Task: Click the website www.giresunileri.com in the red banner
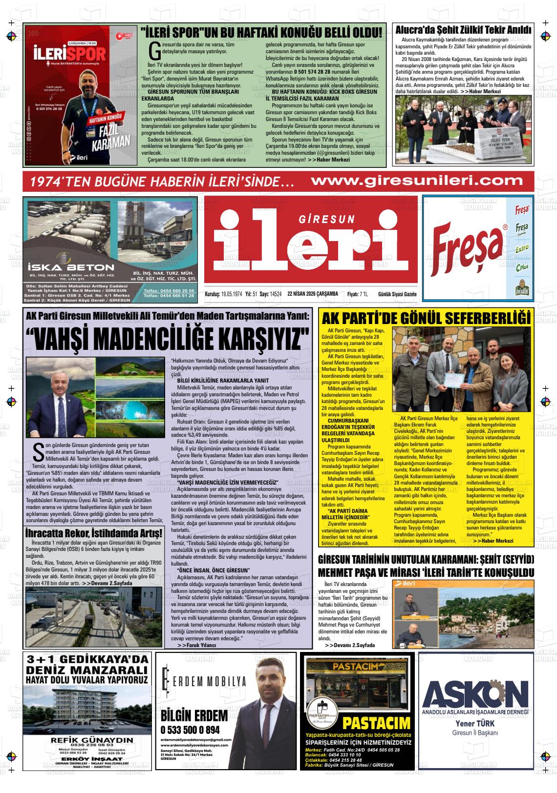coord(417,180)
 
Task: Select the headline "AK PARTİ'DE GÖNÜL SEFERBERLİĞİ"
coord(426,319)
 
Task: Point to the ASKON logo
coord(476,691)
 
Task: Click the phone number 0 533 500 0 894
coord(190,730)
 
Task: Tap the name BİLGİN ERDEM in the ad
coord(194,716)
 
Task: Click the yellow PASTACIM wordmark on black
coord(376,722)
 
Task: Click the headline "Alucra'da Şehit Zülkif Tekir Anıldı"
coord(463,30)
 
